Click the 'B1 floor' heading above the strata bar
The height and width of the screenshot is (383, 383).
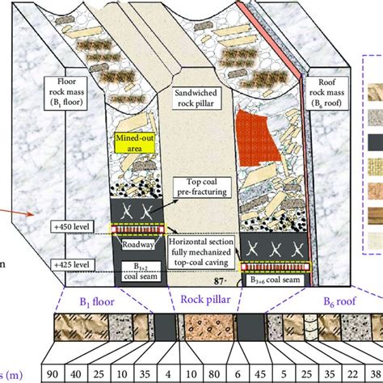pyautogui.click(x=93, y=305)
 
